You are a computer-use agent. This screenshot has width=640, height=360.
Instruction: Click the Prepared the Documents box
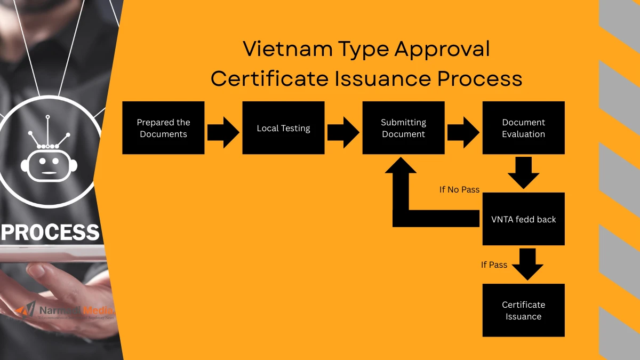(x=163, y=128)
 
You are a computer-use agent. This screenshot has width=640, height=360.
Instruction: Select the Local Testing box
(x=283, y=128)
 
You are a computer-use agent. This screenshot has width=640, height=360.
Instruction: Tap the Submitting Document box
(x=403, y=128)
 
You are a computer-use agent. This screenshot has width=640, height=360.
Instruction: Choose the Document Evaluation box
(x=523, y=128)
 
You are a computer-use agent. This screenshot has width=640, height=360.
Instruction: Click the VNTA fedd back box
(x=523, y=219)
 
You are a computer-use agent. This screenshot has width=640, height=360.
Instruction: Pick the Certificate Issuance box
(x=523, y=310)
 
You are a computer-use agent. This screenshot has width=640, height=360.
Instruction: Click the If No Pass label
(x=459, y=189)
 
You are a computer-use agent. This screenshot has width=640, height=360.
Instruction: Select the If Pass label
(x=494, y=265)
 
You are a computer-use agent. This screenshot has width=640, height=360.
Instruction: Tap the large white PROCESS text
(x=51, y=233)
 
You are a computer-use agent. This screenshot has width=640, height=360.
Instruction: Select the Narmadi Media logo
(x=65, y=311)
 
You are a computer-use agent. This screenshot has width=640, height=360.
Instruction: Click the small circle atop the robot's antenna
(x=47, y=116)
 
